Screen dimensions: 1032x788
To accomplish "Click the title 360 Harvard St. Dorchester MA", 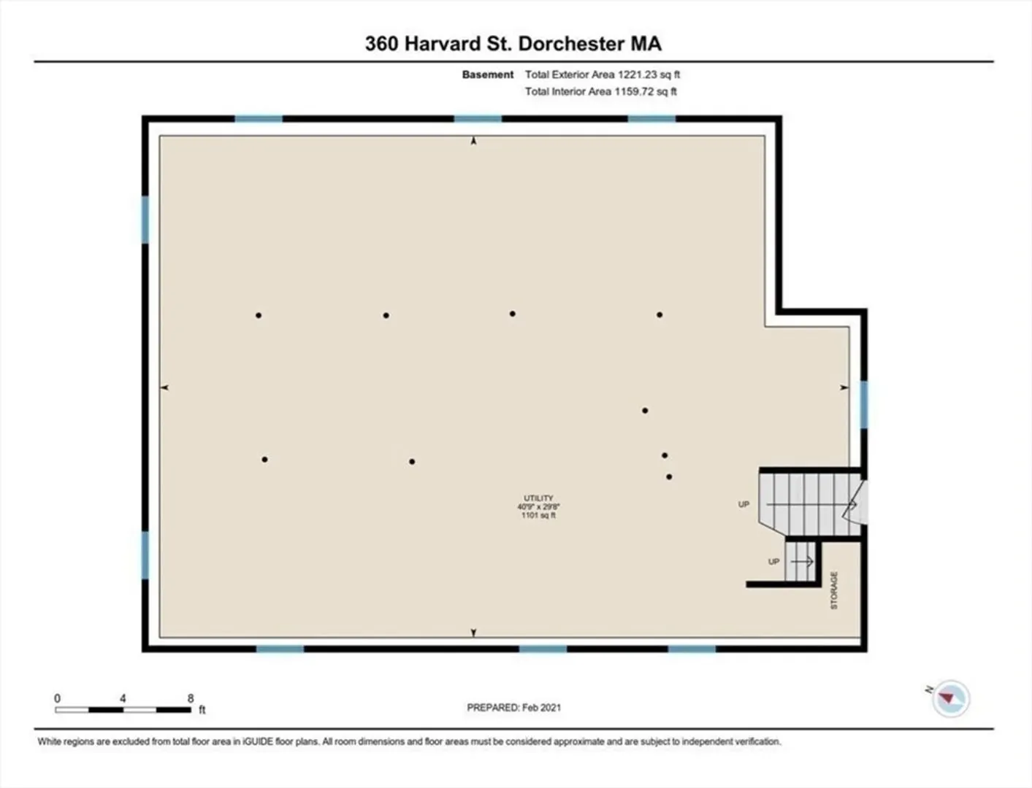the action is [x=513, y=44].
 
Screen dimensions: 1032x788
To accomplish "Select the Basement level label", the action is [x=488, y=74].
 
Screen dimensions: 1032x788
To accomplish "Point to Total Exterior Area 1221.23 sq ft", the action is [x=603, y=74].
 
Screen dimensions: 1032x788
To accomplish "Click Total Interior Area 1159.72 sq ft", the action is [x=601, y=92].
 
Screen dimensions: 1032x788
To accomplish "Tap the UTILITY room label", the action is [x=538, y=498].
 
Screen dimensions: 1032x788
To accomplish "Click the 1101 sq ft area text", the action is [x=538, y=515].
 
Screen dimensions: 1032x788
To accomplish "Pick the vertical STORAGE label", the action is [x=834, y=590].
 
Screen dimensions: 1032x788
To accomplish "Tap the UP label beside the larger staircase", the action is [x=744, y=504].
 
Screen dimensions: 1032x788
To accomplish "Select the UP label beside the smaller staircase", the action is [x=773, y=562].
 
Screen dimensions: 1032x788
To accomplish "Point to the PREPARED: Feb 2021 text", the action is [x=514, y=708].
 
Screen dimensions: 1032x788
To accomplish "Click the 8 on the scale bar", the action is [x=191, y=698].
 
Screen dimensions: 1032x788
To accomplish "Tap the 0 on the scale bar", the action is [x=58, y=698].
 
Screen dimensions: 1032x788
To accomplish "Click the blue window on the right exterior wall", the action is [x=864, y=405].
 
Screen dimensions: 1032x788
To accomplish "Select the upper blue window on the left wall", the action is [x=145, y=220].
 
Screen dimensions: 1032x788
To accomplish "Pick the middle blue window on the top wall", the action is [x=478, y=119].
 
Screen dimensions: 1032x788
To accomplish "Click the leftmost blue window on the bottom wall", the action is [x=280, y=649].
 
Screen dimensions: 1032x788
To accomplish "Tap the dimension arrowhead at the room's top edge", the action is [x=473, y=140].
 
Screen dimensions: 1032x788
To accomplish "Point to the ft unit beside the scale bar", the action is [x=202, y=710].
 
